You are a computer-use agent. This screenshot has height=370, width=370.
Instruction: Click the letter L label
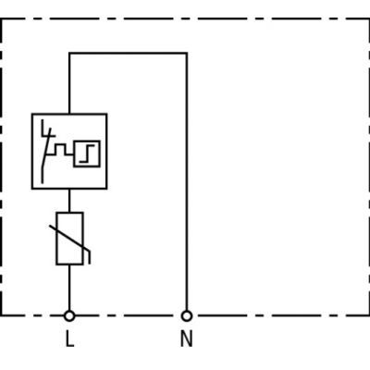pos(69,339)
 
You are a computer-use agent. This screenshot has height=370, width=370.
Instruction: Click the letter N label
pos(186,339)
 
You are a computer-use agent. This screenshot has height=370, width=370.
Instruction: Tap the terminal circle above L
pos(69,315)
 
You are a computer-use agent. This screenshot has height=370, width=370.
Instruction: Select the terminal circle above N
pos(187,315)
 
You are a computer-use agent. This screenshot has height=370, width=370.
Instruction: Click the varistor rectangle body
pos(69,239)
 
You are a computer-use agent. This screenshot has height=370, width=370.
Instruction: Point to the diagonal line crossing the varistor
pos(69,239)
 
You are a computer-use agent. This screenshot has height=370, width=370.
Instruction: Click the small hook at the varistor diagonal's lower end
pos(89,258)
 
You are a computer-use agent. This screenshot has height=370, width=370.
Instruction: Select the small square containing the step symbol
pos(87,154)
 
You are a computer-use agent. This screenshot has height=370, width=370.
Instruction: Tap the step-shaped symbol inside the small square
pos(87,154)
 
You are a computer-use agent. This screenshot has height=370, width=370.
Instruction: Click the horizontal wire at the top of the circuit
pos(128,54)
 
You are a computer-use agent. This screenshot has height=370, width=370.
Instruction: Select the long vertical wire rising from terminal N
pos(187,182)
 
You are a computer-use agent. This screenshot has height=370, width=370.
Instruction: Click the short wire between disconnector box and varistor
pos(69,201)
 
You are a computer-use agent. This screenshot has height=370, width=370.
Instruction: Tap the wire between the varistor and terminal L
pos(69,288)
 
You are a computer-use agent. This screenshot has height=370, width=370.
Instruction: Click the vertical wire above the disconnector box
pos(69,83)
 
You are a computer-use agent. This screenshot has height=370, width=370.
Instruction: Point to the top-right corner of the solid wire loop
pos(187,54)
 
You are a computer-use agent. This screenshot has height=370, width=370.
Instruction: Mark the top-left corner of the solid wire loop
pos(69,54)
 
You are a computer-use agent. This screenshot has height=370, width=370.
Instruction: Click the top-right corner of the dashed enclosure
pos(368,19)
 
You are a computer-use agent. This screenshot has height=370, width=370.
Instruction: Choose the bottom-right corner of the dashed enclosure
pos(368,315)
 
